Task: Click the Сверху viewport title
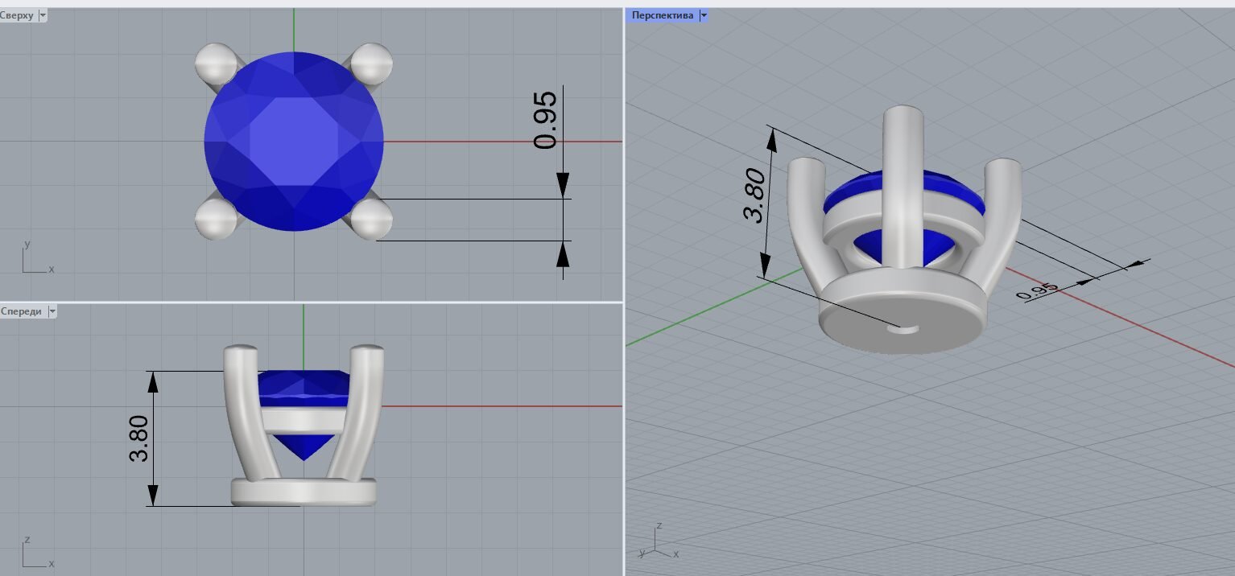(17, 15)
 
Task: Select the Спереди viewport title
(21, 311)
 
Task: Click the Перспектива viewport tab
(662, 15)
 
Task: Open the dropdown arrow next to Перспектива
(704, 15)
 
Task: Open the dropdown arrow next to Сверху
(43, 15)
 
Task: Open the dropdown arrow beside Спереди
(52, 311)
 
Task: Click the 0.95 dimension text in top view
(545, 121)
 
